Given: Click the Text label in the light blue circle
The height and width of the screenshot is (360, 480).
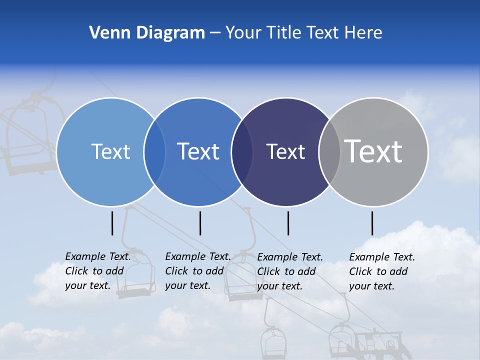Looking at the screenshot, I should [110, 151].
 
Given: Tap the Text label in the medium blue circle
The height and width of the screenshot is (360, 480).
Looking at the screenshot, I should [198, 151].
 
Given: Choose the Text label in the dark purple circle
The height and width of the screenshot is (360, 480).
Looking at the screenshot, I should [285, 151].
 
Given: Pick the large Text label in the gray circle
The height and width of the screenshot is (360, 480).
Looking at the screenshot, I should [373, 151].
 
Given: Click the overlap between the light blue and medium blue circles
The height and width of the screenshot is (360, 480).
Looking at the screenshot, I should [154, 152].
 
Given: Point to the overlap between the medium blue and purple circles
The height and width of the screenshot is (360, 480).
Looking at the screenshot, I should [242, 152].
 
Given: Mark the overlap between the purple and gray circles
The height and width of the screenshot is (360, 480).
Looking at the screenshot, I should [329, 152].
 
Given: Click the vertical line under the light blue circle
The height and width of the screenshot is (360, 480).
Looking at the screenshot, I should [112, 223].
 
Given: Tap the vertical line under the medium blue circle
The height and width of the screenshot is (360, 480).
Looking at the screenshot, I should [200, 223].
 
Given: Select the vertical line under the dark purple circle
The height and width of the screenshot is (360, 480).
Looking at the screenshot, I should [288, 223].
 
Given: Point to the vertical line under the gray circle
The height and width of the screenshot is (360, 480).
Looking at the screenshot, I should [372, 223].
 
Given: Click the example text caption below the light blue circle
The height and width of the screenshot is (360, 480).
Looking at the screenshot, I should [98, 271].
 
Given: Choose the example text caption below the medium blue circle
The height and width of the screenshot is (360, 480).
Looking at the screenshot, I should [197, 271].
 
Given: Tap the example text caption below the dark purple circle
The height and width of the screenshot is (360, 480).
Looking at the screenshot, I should [290, 271].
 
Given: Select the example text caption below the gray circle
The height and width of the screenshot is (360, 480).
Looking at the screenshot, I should [382, 271].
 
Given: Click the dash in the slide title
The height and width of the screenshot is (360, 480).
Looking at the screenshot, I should [215, 33].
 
